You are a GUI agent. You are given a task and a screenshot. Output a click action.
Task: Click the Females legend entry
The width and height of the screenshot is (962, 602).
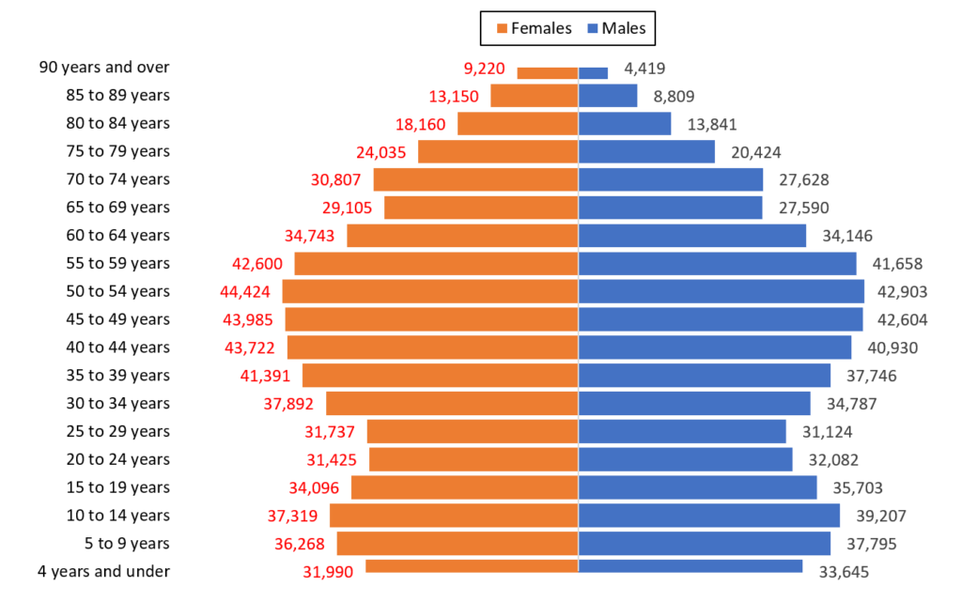click(532, 28)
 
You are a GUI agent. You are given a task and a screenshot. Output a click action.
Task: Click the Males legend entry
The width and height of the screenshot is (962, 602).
click(616, 28)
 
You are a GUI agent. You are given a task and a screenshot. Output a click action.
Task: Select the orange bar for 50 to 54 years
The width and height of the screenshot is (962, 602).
click(430, 291)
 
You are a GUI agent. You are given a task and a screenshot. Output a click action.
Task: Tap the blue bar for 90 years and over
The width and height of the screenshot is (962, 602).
click(594, 73)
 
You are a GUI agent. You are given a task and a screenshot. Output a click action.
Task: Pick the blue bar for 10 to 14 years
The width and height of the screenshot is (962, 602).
click(709, 516)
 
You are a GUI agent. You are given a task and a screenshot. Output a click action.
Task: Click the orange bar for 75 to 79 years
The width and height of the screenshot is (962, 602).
click(498, 151)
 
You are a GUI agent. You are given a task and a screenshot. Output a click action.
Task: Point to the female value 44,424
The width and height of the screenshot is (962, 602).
click(239, 291)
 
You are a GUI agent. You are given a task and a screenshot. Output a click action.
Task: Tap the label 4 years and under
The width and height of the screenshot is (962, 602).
click(104, 571)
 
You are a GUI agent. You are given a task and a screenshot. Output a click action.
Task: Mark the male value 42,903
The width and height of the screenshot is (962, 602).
click(899, 291)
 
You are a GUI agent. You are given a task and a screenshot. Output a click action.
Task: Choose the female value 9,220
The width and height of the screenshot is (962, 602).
click(485, 68)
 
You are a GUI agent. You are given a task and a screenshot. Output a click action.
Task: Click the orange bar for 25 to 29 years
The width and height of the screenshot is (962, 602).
click(473, 431)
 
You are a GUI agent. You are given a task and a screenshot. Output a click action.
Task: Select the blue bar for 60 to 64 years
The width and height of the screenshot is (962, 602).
click(692, 236)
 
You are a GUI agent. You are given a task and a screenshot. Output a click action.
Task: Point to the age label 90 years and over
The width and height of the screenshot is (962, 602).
click(104, 68)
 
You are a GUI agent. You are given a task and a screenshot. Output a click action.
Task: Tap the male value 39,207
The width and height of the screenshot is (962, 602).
click(875, 516)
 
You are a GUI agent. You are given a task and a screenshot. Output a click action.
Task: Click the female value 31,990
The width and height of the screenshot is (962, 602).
click(322, 572)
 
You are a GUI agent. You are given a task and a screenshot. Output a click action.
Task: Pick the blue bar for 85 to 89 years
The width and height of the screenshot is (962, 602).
click(608, 96)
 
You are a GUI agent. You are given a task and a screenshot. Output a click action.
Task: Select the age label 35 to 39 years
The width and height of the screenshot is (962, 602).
click(117, 376)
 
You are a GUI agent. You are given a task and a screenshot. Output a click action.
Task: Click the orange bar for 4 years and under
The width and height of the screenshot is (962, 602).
click(472, 566)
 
